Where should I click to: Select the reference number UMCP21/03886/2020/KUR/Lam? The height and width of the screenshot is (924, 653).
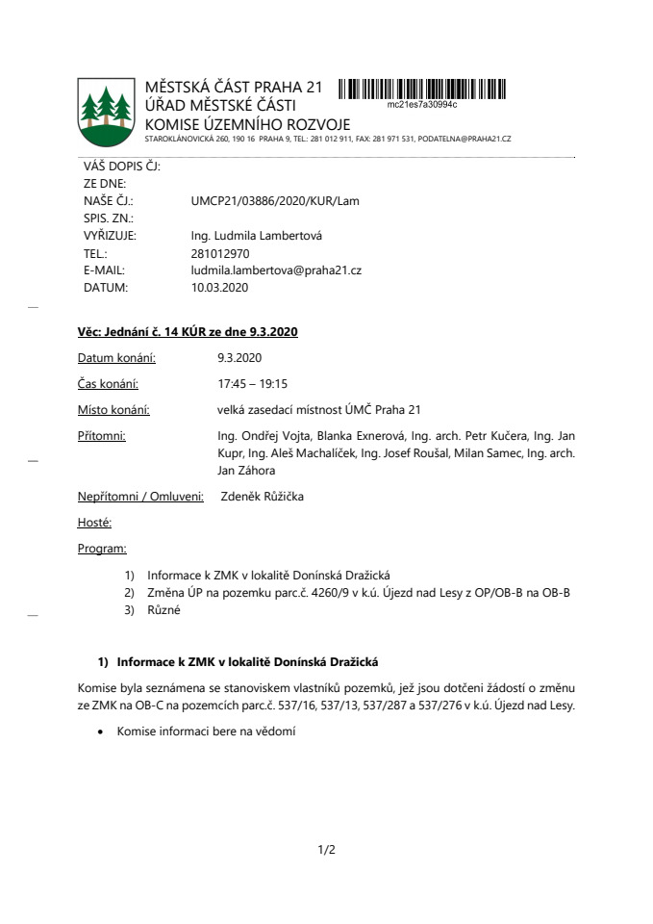click(x=275, y=201)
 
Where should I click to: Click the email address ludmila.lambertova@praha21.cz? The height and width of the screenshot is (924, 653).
click(x=276, y=270)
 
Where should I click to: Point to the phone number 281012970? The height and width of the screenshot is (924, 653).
click(x=220, y=253)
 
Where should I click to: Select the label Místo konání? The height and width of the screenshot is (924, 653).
click(x=113, y=409)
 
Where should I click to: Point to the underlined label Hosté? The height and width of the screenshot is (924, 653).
click(x=94, y=523)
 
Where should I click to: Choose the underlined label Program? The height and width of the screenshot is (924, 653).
click(x=102, y=549)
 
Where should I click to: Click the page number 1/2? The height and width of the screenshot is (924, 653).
click(x=326, y=850)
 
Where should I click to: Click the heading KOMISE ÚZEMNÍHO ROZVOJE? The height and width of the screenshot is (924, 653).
click(x=247, y=124)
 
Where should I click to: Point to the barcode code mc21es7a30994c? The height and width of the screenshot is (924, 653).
click(x=421, y=103)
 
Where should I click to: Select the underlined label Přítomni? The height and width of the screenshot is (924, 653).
click(x=101, y=436)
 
